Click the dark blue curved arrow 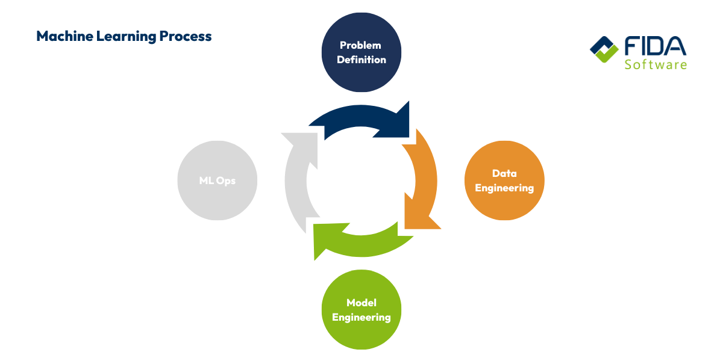361,117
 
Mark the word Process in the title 186,36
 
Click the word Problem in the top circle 360,45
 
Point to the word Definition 361,60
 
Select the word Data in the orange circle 504,173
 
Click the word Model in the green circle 361,302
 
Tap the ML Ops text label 218,180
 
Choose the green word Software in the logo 656,64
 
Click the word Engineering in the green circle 361,317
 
